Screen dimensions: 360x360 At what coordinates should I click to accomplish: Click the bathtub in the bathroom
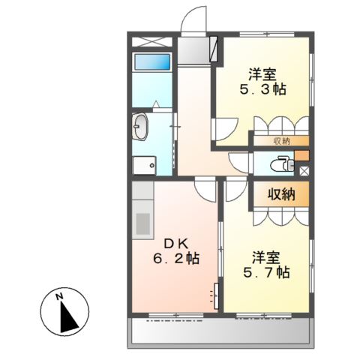pos(152,62)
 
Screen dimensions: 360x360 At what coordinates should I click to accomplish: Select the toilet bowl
pos(282,164)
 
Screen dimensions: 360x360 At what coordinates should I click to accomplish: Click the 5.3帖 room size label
pos(263,89)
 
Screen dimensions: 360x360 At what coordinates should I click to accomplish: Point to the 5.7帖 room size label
pos(266,272)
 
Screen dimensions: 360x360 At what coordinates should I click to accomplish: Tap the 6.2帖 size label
pos(176,259)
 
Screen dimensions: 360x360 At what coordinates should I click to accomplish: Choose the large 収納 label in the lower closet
pos(281,194)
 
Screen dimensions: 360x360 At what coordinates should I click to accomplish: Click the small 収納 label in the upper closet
pos(282,142)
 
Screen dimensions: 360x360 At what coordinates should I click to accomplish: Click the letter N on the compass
pos(59,297)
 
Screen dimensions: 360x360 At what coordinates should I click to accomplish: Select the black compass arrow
pos(67,316)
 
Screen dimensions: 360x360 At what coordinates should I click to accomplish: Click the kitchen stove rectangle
pos(142,223)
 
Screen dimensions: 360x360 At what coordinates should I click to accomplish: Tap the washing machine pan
pos(144,166)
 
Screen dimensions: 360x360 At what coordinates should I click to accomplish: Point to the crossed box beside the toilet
pos(304,172)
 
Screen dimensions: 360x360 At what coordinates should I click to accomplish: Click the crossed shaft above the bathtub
pos(152,41)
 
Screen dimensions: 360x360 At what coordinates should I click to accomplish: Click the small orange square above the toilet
pos(302,155)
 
